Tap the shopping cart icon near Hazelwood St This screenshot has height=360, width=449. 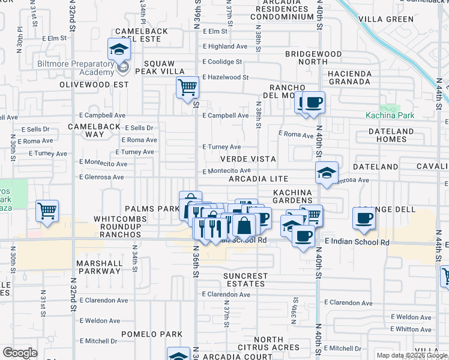point(187,88)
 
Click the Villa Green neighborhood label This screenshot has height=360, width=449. point(386,19)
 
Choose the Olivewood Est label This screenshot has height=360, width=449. point(94,85)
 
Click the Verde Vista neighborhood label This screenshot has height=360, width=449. point(248,159)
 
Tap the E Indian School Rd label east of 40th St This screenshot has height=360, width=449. point(357,242)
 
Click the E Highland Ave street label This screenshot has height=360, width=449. point(225,46)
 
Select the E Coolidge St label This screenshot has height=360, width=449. point(222,62)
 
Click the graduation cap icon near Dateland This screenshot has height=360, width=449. point(327,173)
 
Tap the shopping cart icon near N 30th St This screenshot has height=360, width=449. point(47,211)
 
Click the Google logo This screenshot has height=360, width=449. point(20,352)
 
